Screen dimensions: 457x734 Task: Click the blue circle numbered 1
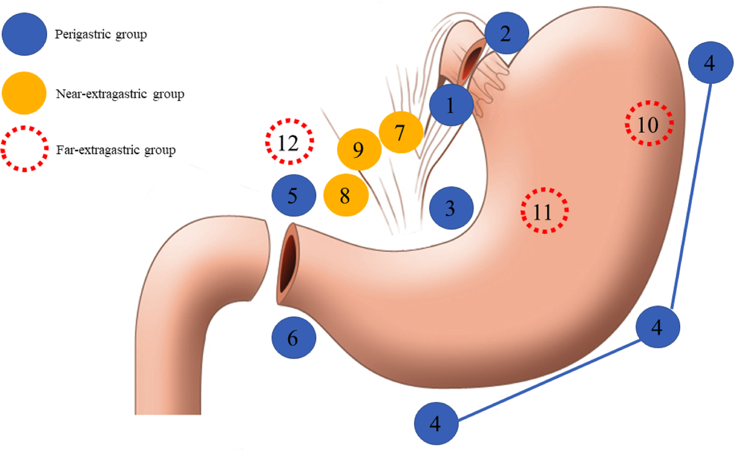click(451, 107)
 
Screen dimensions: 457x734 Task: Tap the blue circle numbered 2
click(506, 34)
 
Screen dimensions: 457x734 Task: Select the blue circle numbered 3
click(451, 209)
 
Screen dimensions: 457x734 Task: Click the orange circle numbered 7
click(401, 132)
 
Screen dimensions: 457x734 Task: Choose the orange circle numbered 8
click(346, 196)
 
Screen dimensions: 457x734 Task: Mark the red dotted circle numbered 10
click(649, 123)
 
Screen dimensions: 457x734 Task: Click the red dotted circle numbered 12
click(289, 142)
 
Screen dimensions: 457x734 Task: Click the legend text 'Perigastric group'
click(101, 35)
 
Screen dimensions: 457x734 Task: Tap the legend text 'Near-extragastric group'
click(120, 94)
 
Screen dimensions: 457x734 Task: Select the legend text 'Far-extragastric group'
click(115, 149)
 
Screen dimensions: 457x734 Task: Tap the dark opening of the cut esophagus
click(473, 62)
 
